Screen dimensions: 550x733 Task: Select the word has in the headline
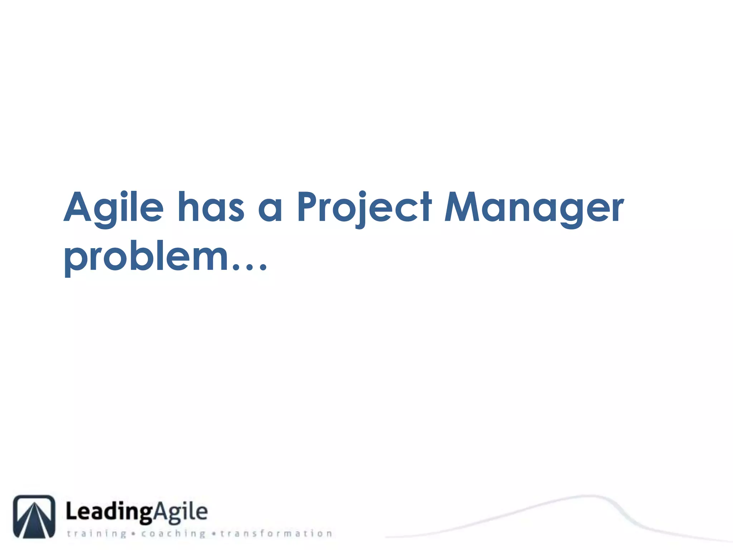[x=211, y=208]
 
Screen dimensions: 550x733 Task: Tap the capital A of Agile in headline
[x=78, y=207]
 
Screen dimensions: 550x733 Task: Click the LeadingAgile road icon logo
[x=34, y=516]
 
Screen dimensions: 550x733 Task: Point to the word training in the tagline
[x=97, y=534]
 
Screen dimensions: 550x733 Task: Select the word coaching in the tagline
[x=173, y=534]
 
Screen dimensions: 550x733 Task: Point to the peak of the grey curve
[x=587, y=496]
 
